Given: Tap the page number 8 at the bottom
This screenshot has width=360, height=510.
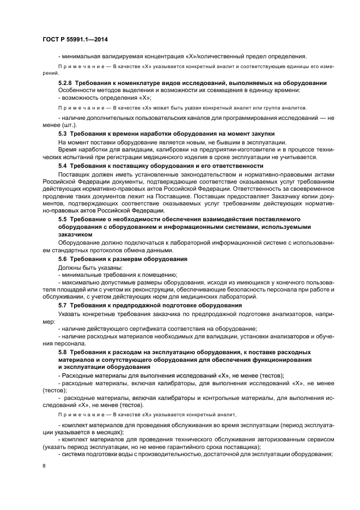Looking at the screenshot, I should point(44,466).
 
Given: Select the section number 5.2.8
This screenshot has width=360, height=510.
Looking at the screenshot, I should point(67,83).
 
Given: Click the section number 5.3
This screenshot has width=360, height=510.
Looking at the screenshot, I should point(65,133).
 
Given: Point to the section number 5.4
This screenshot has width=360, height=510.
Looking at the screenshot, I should point(65,166).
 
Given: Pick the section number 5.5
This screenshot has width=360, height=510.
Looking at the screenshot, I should point(65,218).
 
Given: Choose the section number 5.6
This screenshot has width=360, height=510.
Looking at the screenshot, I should point(65,259).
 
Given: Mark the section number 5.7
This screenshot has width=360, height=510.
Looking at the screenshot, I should point(65,305).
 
